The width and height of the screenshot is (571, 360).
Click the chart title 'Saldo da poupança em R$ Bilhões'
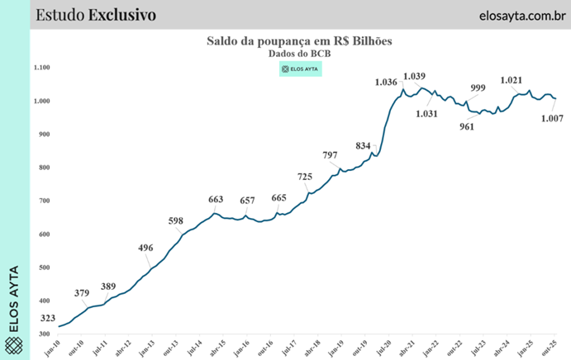coord(298,40)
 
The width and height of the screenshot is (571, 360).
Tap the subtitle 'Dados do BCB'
coord(298,53)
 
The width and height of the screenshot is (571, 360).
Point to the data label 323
coord(47,318)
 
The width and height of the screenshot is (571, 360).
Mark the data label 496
coord(146,248)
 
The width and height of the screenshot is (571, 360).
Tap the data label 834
coord(364,145)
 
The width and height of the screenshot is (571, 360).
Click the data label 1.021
coord(512,81)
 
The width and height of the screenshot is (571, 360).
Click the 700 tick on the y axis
coord(45,201)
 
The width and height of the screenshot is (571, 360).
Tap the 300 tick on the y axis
coord(45,334)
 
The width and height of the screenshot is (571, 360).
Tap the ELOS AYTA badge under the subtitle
coord(300,69)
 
